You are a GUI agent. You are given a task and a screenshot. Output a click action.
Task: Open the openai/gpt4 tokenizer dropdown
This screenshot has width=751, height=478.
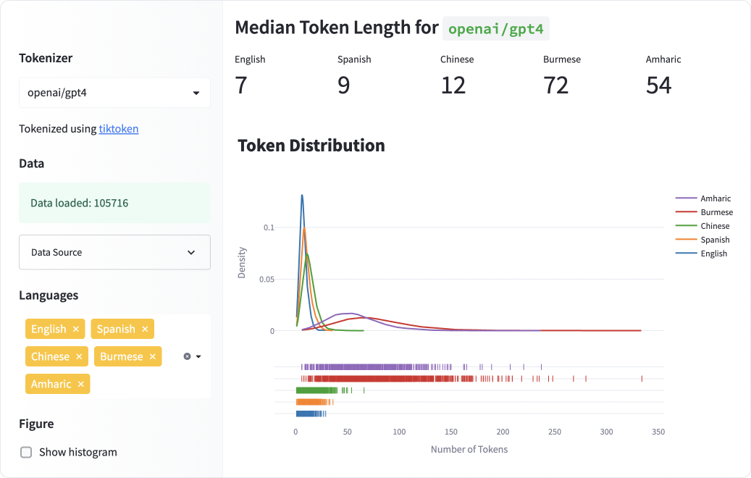pyautogui.click(x=114, y=93)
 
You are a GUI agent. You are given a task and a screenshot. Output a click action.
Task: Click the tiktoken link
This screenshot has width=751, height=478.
pyautogui.click(x=119, y=129)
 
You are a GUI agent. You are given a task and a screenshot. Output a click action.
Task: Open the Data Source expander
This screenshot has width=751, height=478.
pyautogui.click(x=114, y=252)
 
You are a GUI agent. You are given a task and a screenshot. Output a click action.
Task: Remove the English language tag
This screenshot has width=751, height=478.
pyautogui.click(x=75, y=329)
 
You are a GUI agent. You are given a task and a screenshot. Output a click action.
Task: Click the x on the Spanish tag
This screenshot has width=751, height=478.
pyautogui.click(x=145, y=329)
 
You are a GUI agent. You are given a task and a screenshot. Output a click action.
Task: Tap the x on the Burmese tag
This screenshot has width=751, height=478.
pyautogui.click(x=152, y=356)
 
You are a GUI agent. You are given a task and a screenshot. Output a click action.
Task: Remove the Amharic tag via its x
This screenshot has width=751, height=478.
pyautogui.click(x=81, y=384)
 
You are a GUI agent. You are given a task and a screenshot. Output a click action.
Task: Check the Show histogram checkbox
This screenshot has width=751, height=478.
pyautogui.click(x=26, y=452)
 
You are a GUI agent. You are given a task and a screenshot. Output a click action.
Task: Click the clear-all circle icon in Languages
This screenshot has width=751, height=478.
pyautogui.click(x=187, y=356)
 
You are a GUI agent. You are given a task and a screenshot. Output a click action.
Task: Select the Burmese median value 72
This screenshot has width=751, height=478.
pyautogui.click(x=556, y=85)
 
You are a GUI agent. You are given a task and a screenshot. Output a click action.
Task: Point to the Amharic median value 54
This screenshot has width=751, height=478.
pyautogui.click(x=658, y=85)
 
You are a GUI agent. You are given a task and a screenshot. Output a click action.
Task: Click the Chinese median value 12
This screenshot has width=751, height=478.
pyautogui.click(x=453, y=85)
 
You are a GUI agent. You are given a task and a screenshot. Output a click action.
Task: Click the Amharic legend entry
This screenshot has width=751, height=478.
pyautogui.click(x=715, y=198)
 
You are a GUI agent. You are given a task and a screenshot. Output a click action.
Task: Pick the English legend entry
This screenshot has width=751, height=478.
pyautogui.click(x=713, y=253)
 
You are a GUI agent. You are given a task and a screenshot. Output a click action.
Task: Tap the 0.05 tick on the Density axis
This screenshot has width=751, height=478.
pyautogui.click(x=267, y=279)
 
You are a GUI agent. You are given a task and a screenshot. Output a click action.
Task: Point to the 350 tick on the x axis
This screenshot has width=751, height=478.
pyautogui.click(x=658, y=432)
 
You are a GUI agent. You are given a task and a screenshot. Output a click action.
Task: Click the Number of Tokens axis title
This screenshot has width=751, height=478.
pyautogui.click(x=469, y=449)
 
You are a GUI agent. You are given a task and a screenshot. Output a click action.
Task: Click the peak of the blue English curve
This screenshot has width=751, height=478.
pyautogui.click(x=302, y=195)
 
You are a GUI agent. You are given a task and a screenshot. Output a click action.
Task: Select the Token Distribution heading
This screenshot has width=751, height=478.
pyautogui.click(x=311, y=146)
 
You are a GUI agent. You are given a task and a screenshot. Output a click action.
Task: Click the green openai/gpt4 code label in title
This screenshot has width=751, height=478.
pyautogui.click(x=496, y=29)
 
